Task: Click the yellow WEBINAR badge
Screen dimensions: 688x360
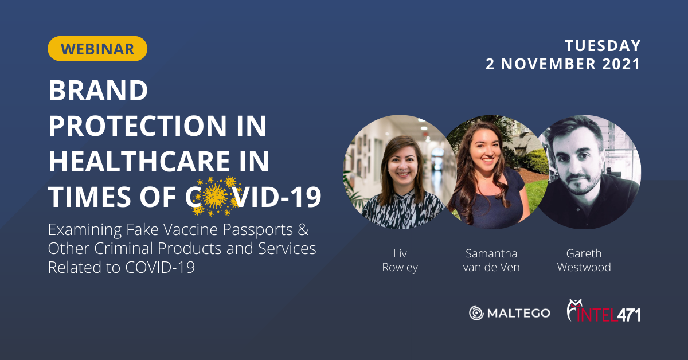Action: [x=97, y=49]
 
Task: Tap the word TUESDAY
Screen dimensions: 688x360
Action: [x=603, y=46]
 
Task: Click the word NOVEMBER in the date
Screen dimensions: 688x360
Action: [x=548, y=64]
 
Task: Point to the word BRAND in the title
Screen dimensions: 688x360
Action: [x=98, y=91]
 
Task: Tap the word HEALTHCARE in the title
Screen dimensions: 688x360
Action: [x=139, y=161]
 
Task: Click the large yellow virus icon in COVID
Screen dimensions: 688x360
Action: [x=216, y=196]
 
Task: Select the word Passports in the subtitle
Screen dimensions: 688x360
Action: [x=257, y=229]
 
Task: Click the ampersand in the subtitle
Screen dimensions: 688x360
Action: [x=303, y=229]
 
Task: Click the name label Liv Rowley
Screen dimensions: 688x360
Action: [x=400, y=260]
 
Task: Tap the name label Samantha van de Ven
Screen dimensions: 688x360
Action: [x=491, y=260]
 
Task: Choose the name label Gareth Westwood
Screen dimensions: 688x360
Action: [x=584, y=260]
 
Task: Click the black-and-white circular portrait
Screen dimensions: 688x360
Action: [x=588, y=172]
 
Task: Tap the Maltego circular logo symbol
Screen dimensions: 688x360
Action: [x=476, y=313]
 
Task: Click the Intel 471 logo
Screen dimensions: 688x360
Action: [x=604, y=311]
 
